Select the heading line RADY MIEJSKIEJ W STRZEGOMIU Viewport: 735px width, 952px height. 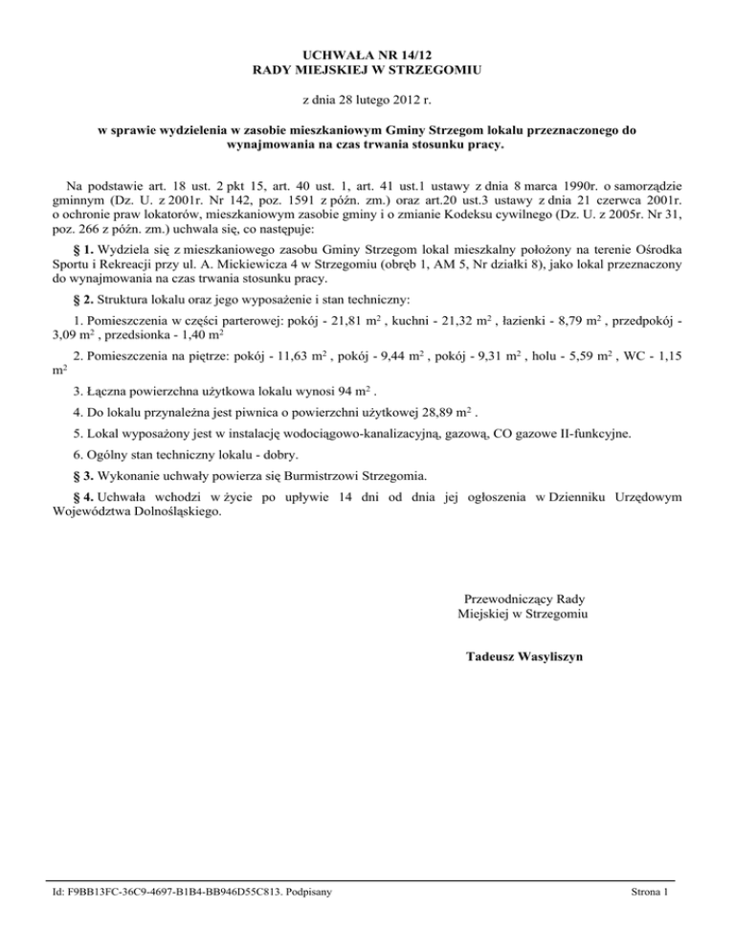coord(367,70)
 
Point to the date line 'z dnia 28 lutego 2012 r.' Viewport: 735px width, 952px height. coord(367,99)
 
